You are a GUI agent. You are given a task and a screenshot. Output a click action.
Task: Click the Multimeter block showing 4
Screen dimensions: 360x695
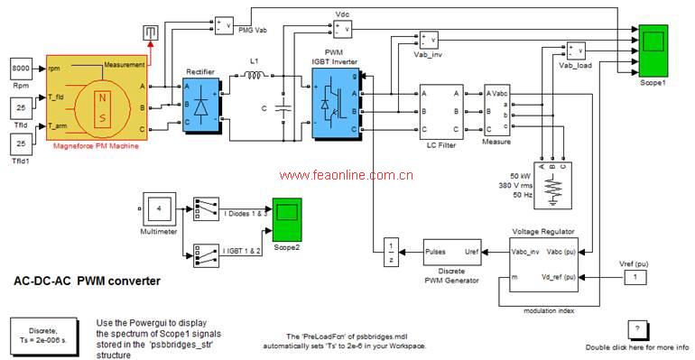tap(158, 210)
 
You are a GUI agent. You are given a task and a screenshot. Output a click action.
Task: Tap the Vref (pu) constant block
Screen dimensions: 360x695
tap(638, 276)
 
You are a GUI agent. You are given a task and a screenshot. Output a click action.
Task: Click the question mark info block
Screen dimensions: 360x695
tap(638, 328)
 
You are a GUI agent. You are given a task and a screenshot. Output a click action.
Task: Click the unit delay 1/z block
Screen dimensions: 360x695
tap(389, 253)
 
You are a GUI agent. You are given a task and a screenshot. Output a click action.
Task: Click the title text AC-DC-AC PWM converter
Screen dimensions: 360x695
tap(88, 282)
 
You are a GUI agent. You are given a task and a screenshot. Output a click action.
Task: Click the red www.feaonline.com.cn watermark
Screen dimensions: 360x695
tap(346, 175)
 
